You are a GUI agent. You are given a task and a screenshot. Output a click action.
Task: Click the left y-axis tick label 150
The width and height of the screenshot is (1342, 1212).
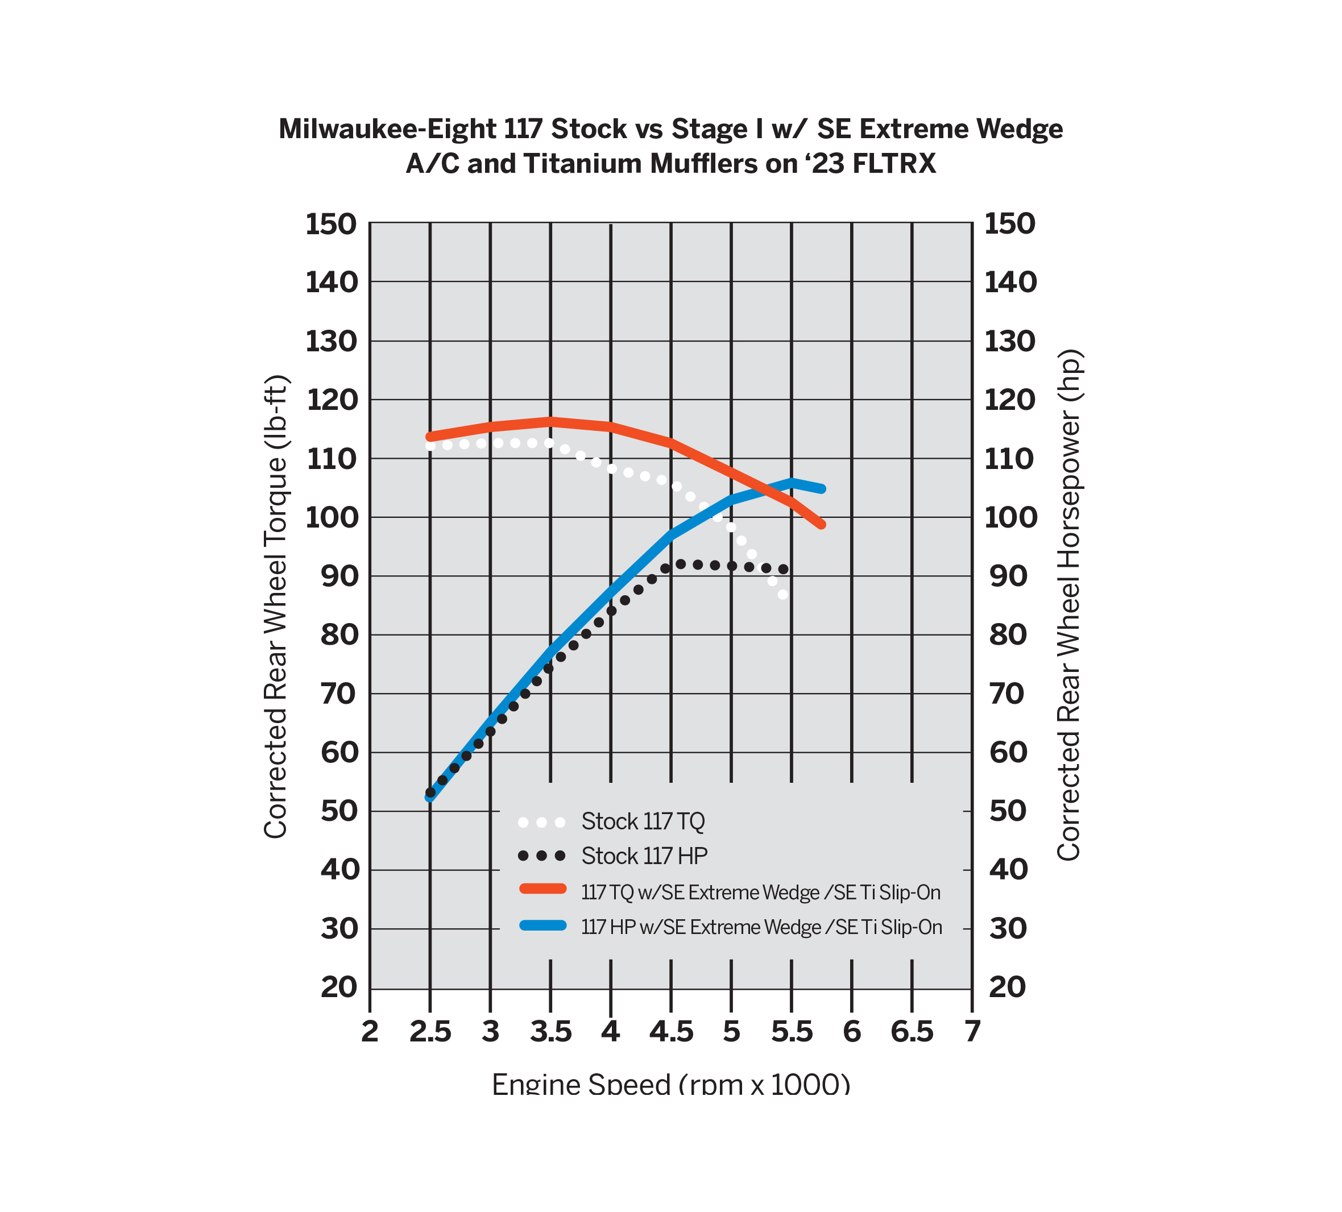[x=331, y=225]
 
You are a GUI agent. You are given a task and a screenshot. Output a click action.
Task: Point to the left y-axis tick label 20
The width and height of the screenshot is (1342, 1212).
[x=339, y=987]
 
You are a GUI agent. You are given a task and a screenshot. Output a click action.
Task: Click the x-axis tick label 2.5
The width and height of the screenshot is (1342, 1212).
[x=430, y=1032]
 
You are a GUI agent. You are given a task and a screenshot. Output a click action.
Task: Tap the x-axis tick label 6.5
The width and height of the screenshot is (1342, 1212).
[x=912, y=1032]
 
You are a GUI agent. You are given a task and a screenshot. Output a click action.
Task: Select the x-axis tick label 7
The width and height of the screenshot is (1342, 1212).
[x=972, y=1032]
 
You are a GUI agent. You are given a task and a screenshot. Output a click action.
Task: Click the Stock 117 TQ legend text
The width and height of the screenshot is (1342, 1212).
[x=643, y=822]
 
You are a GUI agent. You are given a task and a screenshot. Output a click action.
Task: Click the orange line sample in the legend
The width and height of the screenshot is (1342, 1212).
[x=542, y=889]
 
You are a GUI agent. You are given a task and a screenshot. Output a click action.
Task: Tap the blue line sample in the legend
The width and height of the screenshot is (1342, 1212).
[x=542, y=925]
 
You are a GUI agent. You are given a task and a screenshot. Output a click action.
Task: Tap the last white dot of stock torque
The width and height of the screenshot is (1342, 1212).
[x=783, y=595]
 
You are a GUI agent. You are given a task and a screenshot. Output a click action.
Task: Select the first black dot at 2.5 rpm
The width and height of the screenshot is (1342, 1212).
[x=430, y=792]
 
